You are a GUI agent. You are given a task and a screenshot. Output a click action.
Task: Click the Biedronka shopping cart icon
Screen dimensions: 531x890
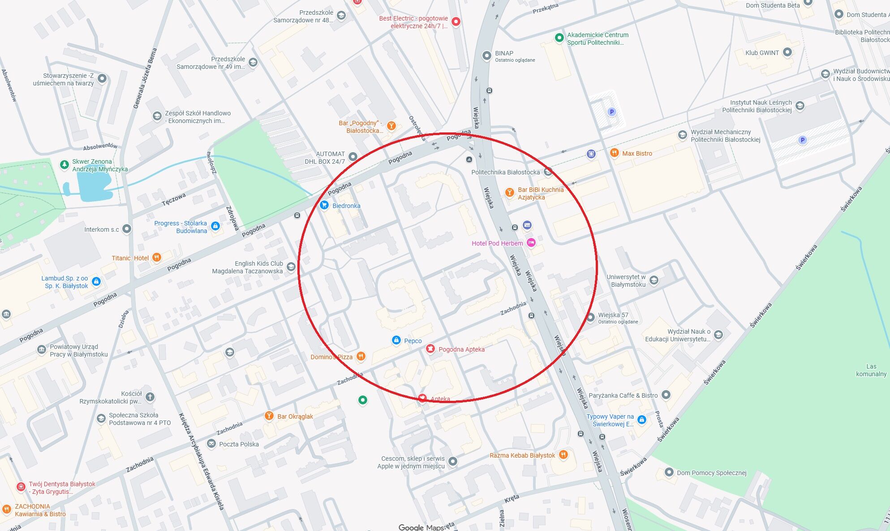324,205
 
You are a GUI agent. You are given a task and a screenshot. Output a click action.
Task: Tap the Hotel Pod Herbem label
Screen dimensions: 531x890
497,243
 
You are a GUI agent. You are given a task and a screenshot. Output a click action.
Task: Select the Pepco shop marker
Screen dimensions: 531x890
396,340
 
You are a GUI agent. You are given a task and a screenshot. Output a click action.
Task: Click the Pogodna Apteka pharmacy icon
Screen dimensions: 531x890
430,349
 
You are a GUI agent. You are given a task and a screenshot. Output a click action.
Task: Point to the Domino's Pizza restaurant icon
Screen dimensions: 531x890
361,357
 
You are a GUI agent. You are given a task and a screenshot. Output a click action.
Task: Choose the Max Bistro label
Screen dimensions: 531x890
637,153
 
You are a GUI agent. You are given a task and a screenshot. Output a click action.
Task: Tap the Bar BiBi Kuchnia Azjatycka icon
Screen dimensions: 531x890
509,193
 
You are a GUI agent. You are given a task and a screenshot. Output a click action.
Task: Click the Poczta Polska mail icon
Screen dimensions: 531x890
211,444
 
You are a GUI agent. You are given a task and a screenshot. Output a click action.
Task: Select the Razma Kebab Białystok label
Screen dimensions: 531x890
522,455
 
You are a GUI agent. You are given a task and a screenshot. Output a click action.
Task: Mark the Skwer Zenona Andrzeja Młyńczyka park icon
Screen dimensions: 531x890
64,165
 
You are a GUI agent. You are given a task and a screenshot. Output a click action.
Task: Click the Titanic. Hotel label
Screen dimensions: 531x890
130,258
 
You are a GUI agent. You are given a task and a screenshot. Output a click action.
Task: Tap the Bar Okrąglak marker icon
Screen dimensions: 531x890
269,416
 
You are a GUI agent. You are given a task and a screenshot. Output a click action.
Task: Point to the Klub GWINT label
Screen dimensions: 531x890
762,53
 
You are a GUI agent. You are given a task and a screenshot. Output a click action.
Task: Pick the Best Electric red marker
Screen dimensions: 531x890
456,21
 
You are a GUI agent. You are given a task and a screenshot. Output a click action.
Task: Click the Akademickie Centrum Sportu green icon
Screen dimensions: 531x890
559,38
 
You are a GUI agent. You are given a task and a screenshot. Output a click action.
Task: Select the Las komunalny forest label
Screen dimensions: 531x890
871,370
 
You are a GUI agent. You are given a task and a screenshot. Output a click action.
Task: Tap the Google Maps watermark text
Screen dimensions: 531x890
421,527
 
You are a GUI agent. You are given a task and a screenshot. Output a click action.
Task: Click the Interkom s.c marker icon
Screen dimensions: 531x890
127,229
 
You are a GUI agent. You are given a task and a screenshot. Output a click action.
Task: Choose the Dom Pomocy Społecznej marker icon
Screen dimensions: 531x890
669,472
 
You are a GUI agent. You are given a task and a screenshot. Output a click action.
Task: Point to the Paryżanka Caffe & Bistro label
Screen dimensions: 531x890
623,395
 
